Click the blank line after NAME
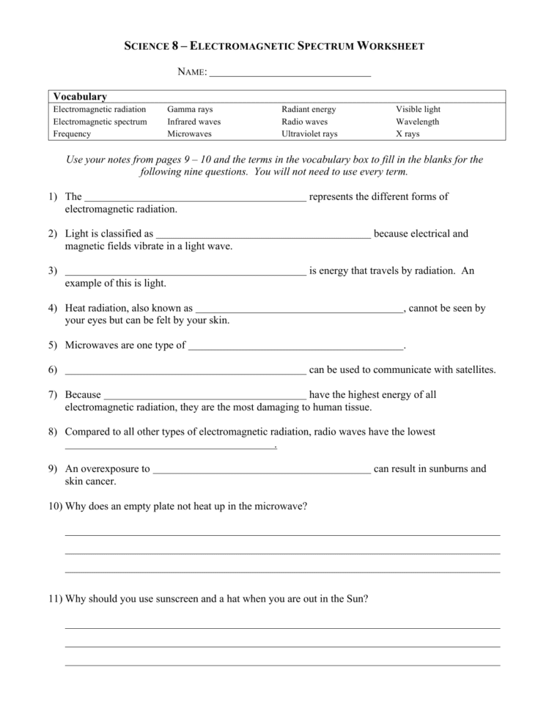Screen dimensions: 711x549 click(x=290, y=73)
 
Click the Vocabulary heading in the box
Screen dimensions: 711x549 click(x=80, y=97)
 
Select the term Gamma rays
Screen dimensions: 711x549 click(x=190, y=109)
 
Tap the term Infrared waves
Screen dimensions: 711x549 click(x=194, y=122)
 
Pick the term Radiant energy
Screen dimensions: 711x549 click(x=309, y=109)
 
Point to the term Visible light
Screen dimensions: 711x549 click(x=418, y=109)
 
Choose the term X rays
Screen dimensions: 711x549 click(x=408, y=134)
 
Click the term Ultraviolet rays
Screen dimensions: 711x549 click(x=309, y=134)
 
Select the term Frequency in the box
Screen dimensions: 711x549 click(x=72, y=134)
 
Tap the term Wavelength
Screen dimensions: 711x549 click(x=417, y=122)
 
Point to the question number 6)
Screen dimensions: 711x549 click(x=53, y=370)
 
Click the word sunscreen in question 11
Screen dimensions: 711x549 click(x=184, y=598)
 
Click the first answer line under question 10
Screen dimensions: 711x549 click(x=282, y=534)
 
